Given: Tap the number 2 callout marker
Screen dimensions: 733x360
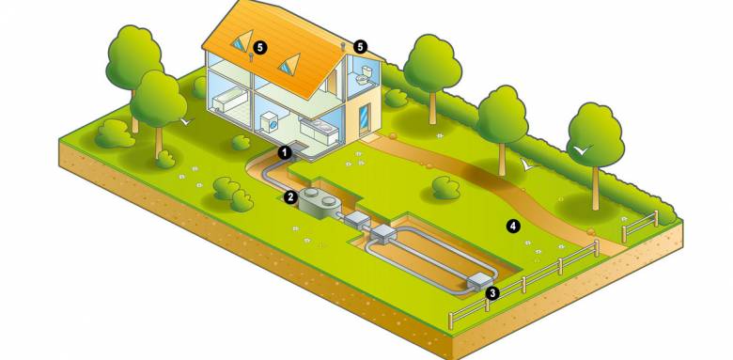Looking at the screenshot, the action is pyautogui.click(x=291, y=197).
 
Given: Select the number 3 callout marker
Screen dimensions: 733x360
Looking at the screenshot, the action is pyautogui.click(x=492, y=293).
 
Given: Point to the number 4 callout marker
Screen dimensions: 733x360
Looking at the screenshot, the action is pyautogui.click(x=513, y=226).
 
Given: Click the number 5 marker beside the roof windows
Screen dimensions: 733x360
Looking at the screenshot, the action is pyautogui.click(x=261, y=45).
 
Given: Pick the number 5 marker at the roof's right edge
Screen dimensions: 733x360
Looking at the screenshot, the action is pyautogui.click(x=359, y=45).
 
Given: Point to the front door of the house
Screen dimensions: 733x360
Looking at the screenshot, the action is pyautogui.click(x=363, y=117).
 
